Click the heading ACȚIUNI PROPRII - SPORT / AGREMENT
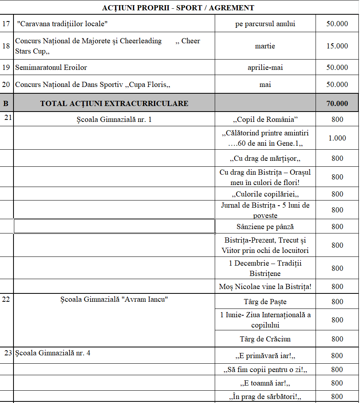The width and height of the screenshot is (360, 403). [178, 8]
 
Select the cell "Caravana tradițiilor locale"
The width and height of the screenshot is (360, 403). [63, 24]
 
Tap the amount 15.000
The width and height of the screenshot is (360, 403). [337, 46]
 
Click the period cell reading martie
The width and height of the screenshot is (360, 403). [265, 46]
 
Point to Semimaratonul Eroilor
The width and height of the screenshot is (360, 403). [51, 67]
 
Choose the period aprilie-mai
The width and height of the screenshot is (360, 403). [265, 67]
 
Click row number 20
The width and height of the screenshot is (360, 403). [6, 85]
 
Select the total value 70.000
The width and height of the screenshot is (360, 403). [337, 104]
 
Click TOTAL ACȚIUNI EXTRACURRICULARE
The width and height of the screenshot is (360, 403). [114, 104]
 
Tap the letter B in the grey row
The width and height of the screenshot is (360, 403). [6, 104]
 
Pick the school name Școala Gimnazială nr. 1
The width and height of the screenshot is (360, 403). [114, 119]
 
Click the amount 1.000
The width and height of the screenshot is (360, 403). [337, 138]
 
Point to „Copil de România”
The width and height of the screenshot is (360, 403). [265, 120]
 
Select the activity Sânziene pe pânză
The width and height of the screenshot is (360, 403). [265, 227]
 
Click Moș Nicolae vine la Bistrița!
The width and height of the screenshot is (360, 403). [265, 287]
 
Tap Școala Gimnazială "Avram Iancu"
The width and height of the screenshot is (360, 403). [114, 299]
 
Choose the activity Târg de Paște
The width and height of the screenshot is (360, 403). [265, 302]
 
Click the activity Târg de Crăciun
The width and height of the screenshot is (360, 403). [265, 339]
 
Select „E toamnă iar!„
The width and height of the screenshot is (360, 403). [265, 383]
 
